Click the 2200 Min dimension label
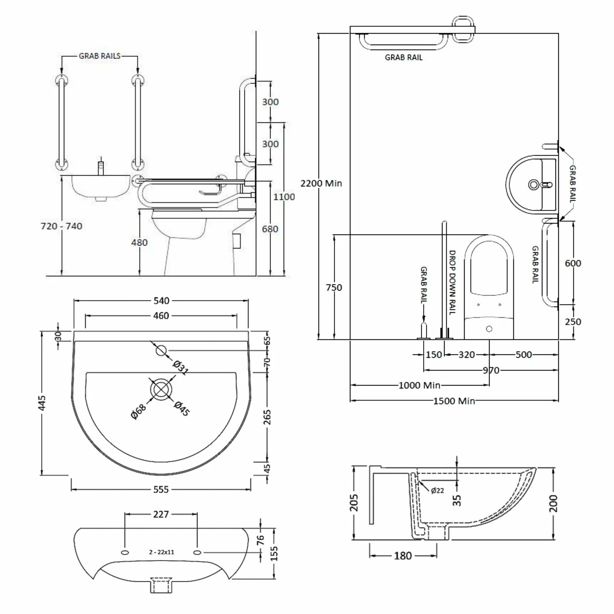click(x=321, y=183)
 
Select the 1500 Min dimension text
click(x=454, y=401)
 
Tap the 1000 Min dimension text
click(x=419, y=385)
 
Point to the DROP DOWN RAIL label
click(x=452, y=282)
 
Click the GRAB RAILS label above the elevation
click(x=99, y=56)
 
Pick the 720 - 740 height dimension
click(x=61, y=226)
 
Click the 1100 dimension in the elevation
click(x=284, y=197)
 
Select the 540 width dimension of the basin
click(x=161, y=301)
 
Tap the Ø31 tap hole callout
click(x=181, y=367)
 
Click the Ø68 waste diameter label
click(x=138, y=411)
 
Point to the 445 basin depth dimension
click(x=42, y=403)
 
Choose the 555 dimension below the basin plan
click(x=161, y=490)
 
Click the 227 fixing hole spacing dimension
click(x=161, y=514)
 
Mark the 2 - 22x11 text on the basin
click(x=161, y=552)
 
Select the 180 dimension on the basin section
click(x=403, y=555)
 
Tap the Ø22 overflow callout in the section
click(x=437, y=490)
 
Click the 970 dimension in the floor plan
click(x=491, y=370)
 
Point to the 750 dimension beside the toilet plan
click(x=334, y=287)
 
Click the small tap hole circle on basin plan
click(x=161, y=350)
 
